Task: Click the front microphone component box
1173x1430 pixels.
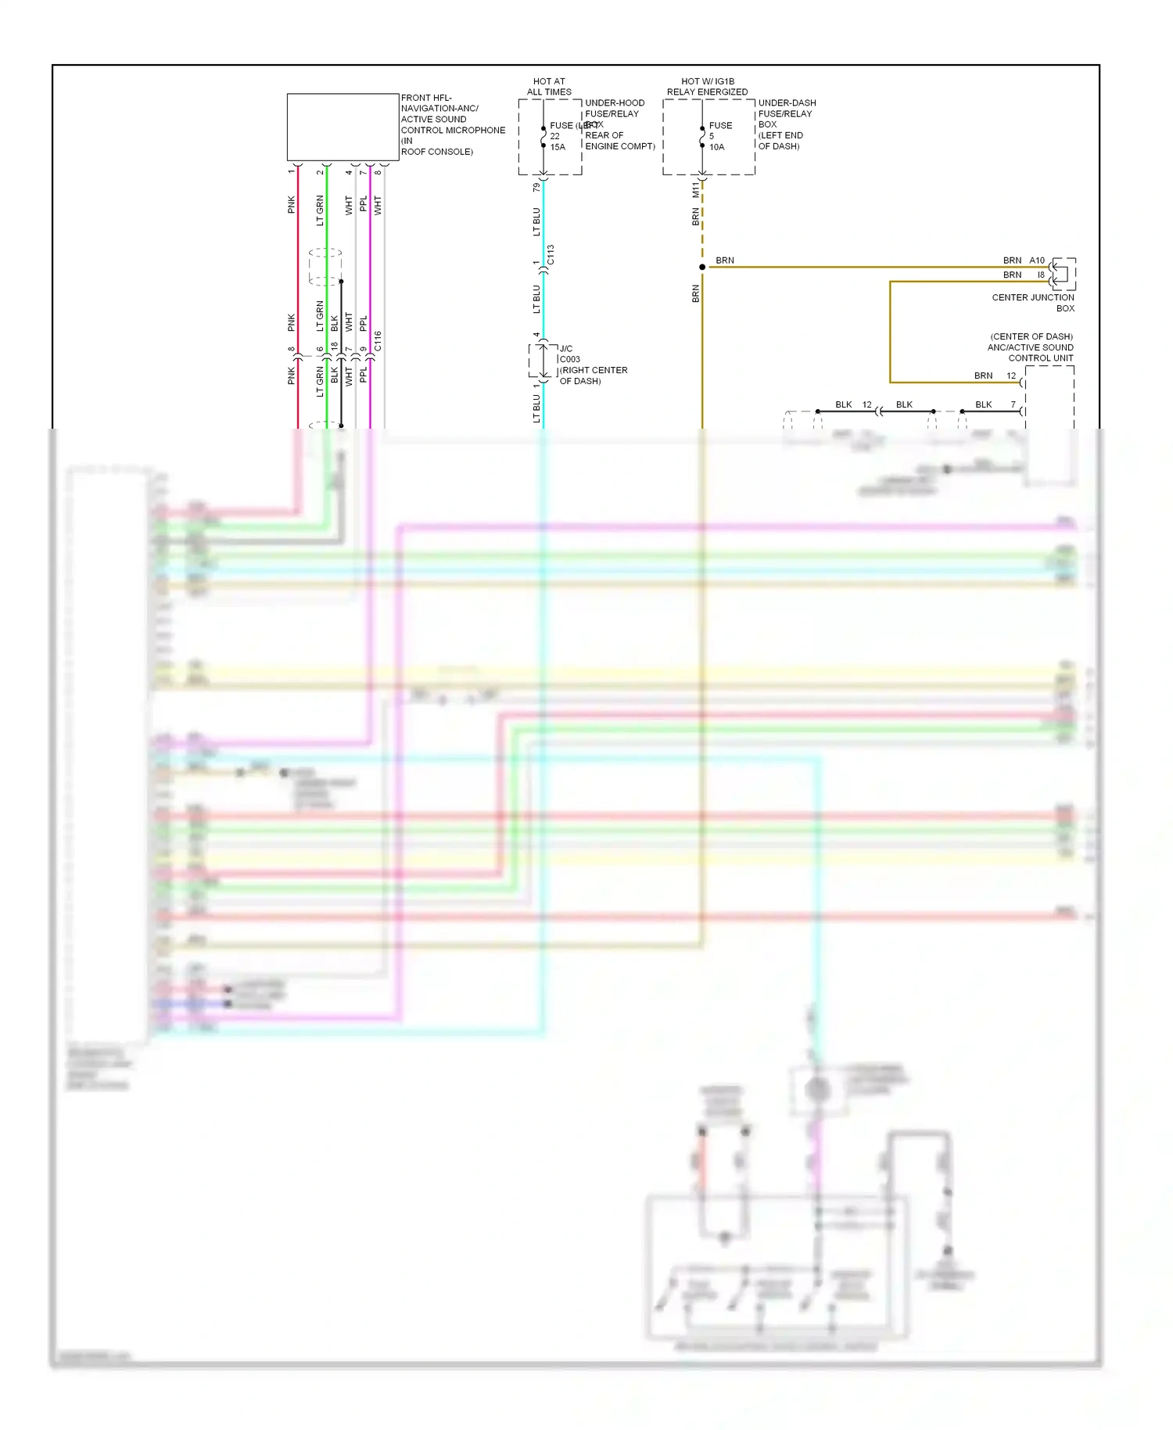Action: pyautogui.click(x=343, y=127)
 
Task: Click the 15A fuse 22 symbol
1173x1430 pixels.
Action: pyautogui.click(x=543, y=137)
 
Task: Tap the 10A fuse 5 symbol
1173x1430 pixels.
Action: pyautogui.click(x=702, y=137)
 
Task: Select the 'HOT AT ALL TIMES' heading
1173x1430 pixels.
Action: pyautogui.click(x=549, y=86)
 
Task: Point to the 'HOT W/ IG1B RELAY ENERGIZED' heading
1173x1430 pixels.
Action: pyautogui.click(x=707, y=86)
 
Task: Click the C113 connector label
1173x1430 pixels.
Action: pyautogui.click(x=551, y=254)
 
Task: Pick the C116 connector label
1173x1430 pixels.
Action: pyautogui.click(x=378, y=340)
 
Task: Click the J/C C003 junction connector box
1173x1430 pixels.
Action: pyautogui.click(x=543, y=360)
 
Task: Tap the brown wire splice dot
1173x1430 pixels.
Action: pyautogui.click(x=702, y=267)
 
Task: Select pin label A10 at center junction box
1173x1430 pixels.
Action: pyautogui.click(x=1037, y=260)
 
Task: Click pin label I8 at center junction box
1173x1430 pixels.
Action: pyautogui.click(x=1041, y=275)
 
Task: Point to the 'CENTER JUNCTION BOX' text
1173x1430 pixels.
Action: pyautogui.click(x=1033, y=303)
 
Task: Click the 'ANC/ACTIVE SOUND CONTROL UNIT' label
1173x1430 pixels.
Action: pyautogui.click(x=1031, y=347)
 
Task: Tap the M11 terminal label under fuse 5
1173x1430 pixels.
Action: pyautogui.click(x=695, y=189)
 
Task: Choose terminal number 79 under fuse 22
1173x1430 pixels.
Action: pyautogui.click(x=536, y=188)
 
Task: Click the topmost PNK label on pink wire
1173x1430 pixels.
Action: pyautogui.click(x=291, y=204)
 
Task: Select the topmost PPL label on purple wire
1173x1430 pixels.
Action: pyautogui.click(x=363, y=204)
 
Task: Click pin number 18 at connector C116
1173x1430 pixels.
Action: pyautogui.click(x=335, y=345)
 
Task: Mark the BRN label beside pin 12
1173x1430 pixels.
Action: pyautogui.click(x=983, y=375)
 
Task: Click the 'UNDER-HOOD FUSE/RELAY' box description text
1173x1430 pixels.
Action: pyautogui.click(x=615, y=108)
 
